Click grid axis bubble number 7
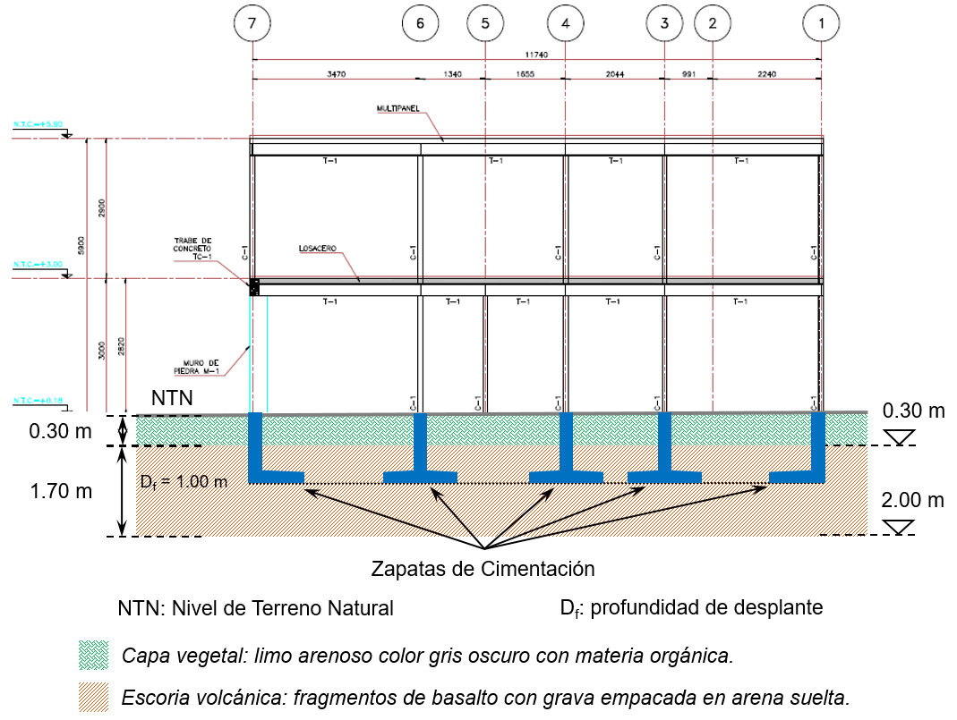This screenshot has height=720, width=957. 253,25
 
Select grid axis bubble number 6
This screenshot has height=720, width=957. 421,25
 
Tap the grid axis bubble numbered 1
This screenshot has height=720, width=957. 821,25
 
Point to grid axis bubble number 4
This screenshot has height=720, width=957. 565,25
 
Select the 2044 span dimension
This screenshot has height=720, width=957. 614,74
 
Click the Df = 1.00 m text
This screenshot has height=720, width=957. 184,481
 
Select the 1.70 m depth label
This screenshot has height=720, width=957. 60,490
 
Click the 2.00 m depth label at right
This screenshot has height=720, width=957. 913,500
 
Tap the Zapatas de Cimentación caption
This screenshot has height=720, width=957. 483,568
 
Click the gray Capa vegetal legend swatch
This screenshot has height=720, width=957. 93,654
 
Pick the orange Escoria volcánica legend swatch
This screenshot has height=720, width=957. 93,696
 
